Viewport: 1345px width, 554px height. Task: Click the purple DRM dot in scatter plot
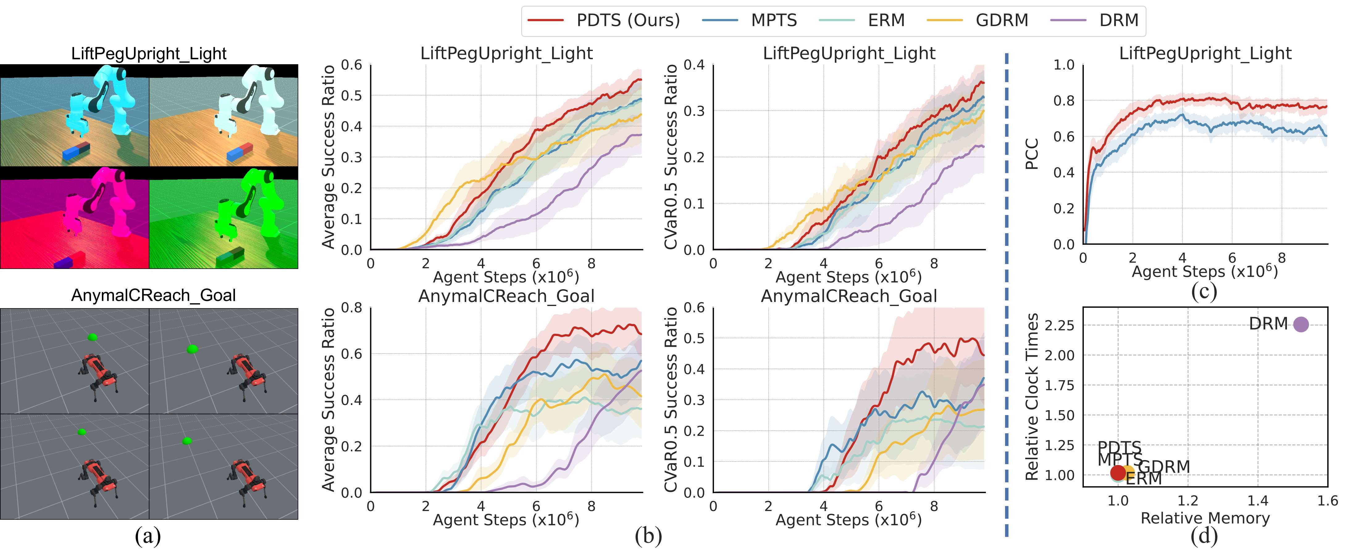[1301, 324]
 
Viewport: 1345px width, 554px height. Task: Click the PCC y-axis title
[1032, 154]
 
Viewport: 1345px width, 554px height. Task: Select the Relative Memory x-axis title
[1205, 518]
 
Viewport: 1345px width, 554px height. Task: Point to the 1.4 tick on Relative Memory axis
[1258, 501]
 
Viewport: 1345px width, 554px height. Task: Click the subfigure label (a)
[148, 536]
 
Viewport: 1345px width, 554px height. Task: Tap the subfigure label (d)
[1204, 536]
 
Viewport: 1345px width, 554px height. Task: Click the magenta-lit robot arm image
[75, 217]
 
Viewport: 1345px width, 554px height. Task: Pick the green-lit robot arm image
[224, 217]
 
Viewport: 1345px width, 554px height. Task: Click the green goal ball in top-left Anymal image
[92, 337]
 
